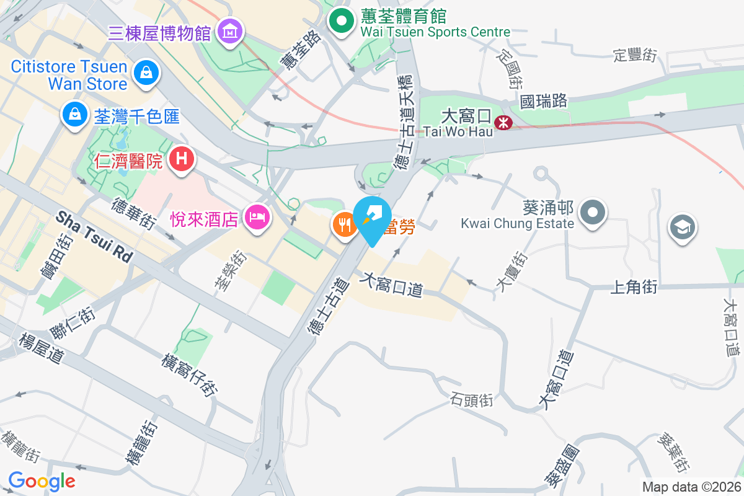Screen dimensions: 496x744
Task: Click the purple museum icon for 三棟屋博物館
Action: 230,30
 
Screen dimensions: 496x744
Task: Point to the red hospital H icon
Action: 181,159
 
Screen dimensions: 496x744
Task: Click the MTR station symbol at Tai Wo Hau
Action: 503,123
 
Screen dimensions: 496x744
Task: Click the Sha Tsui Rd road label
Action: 94,236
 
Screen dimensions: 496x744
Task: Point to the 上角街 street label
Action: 634,286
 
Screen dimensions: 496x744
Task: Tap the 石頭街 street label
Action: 472,400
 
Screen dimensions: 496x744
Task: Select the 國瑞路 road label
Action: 544,101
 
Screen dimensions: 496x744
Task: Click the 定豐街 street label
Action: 634,55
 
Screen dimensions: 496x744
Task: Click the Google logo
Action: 42,481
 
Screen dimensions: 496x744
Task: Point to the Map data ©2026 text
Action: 691,487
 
